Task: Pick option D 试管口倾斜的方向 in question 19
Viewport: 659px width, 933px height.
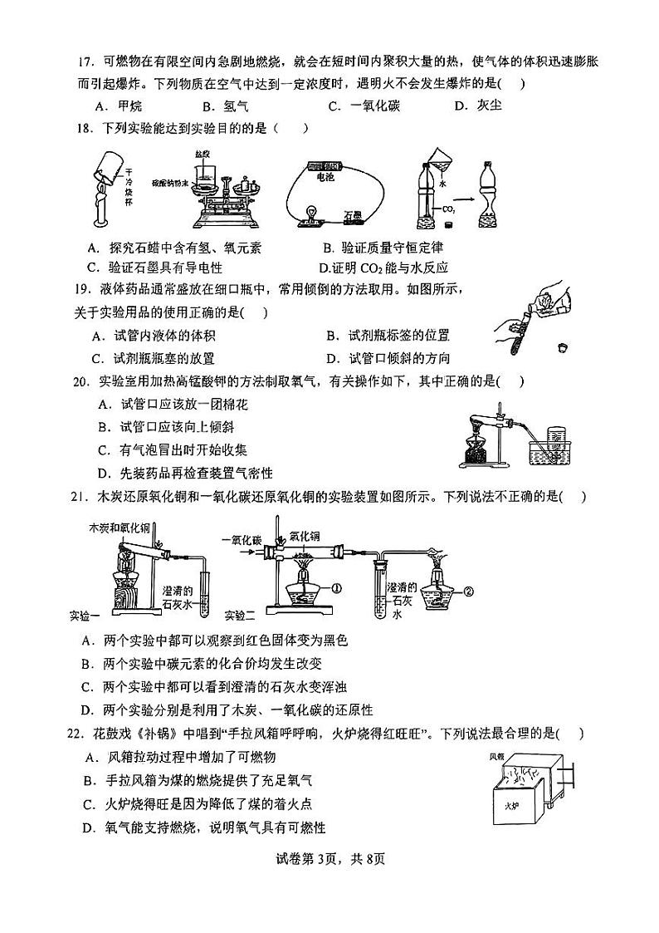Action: click(388, 358)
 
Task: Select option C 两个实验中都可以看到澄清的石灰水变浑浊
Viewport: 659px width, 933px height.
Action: click(225, 686)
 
